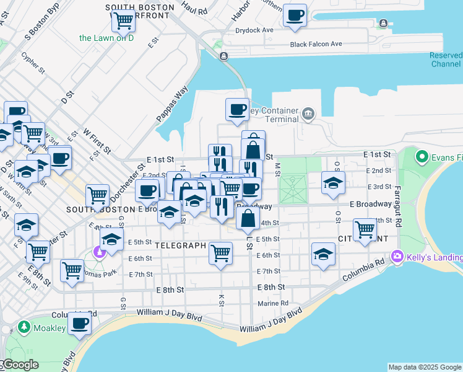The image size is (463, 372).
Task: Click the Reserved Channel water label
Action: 446,60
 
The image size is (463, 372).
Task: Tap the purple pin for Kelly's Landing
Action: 397,256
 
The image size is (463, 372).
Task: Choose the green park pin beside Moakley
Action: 24,327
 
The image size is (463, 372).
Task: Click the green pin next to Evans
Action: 422,157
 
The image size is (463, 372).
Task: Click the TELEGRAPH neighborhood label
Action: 180,246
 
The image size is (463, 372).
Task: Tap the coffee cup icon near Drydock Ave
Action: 295,15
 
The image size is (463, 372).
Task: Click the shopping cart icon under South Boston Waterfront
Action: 123,20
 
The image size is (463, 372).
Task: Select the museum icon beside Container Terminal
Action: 308,114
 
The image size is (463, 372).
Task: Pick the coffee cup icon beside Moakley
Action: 79,324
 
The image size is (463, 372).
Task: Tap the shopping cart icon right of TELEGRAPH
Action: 220,254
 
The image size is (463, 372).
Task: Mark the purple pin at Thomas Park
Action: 98,252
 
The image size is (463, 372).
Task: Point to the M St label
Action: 277,168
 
